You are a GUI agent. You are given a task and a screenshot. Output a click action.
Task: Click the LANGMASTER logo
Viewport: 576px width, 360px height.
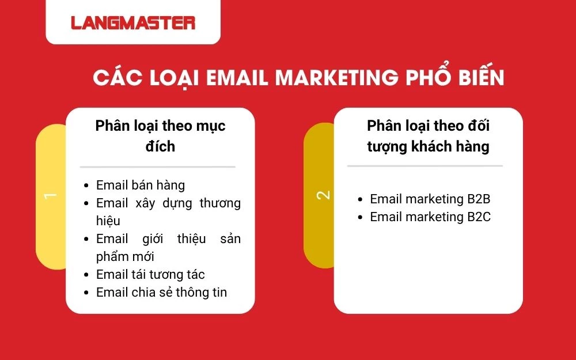coord(133,22)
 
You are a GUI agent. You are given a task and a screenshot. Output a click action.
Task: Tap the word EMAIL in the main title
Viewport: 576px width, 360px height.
coord(233,78)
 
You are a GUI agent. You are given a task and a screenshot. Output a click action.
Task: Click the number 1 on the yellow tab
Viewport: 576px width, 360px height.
coord(51,196)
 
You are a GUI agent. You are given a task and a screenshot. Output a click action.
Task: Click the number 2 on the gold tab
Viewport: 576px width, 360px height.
coord(324,195)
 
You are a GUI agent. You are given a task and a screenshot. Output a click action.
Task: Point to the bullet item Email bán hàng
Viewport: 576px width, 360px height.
coord(140,185)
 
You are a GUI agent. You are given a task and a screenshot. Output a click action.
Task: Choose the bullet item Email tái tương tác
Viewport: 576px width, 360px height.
coord(150,274)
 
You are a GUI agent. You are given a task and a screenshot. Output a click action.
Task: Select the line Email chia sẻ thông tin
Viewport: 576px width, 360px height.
coord(161,292)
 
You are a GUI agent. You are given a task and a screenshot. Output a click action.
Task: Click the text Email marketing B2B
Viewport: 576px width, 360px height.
coord(430,199)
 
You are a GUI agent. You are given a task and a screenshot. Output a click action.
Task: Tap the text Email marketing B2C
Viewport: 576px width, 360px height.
coord(430,217)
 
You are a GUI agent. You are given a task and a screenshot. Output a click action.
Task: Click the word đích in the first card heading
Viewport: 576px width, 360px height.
coord(160,146)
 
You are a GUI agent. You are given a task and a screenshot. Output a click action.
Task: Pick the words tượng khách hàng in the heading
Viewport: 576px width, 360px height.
coord(428,146)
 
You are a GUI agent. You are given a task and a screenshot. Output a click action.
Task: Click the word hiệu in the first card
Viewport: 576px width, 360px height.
coord(108,221)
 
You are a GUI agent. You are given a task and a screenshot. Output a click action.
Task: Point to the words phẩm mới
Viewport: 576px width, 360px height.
coord(125,256)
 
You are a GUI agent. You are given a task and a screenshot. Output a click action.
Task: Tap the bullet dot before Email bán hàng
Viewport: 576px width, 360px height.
coord(86,185)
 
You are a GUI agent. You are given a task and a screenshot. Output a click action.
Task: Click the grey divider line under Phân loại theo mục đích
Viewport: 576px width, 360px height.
coord(157,166)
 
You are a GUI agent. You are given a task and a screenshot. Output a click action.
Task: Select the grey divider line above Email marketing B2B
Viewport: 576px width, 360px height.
coord(425,166)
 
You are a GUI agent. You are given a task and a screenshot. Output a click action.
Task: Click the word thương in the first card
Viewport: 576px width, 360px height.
coord(220,203)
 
